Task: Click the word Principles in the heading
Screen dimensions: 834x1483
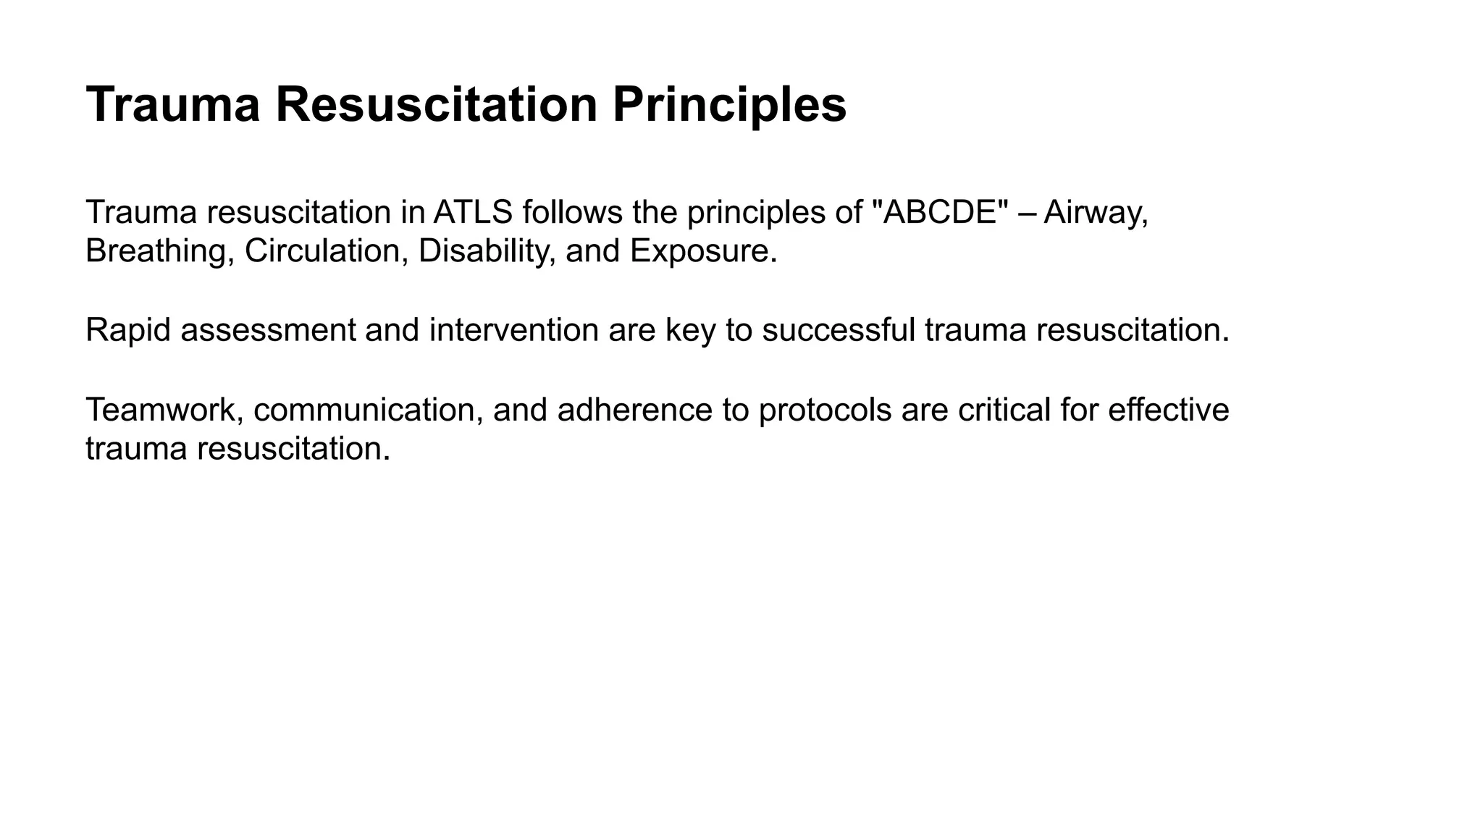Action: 729,105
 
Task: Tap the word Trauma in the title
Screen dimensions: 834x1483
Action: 172,105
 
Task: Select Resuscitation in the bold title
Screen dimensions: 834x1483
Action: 436,105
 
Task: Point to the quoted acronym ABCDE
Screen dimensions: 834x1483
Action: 941,212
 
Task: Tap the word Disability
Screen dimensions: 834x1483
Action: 487,251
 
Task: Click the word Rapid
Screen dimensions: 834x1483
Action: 128,331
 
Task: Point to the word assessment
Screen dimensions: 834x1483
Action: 268,331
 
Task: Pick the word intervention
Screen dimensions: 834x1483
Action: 513,331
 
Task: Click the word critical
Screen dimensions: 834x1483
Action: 1004,410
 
